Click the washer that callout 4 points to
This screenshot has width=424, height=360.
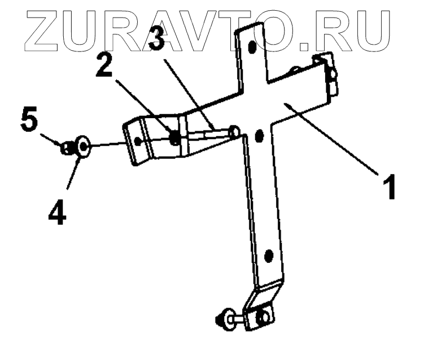click(x=82, y=148)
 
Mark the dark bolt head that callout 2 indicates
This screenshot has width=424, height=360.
click(x=176, y=137)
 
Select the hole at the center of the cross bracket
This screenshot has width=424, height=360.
click(x=260, y=136)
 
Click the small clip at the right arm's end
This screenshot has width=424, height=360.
click(x=331, y=71)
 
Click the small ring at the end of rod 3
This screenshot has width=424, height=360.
click(x=235, y=132)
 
